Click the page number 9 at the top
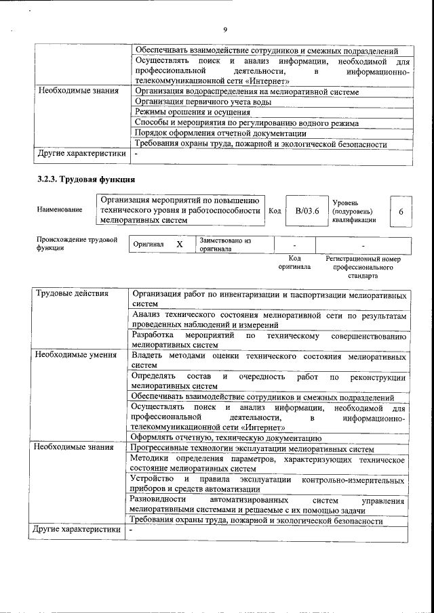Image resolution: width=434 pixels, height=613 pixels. pyautogui.click(x=224, y=29)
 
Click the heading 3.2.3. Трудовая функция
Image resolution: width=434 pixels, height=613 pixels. pyautogui.click(x=86, y=179)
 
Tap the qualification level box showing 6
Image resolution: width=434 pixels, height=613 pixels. pyautogui.click(x=401, y=211)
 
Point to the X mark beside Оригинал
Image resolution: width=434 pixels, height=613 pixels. pyautogui.click(x=179, y=244)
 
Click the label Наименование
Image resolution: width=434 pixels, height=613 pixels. pyautogui.click(x=60, y=211)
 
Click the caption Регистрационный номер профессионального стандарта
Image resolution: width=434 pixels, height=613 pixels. pyautogui.click(x=363, y=267)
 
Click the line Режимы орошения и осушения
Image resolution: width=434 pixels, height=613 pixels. pyautogui.click(x=189, y=112)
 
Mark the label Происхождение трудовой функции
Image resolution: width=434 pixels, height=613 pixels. pyautogui.click(x=77, y=244)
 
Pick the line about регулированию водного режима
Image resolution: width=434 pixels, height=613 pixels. pyautogui.click(x=247, y=123)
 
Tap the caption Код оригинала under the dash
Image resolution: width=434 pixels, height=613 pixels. pyautogui.click(x=294, y=263)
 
